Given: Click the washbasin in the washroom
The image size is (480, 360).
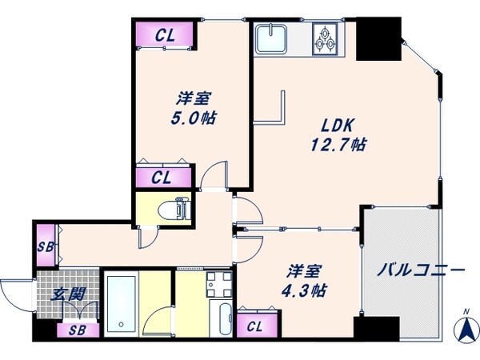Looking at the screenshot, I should [214, 282].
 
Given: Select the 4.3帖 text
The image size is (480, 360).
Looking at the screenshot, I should [306, 290].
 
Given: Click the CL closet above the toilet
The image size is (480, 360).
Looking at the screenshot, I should [164, 178].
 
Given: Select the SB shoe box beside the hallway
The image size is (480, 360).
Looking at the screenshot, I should [45, 247].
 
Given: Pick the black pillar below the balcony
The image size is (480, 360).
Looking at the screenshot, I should [376, 329].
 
